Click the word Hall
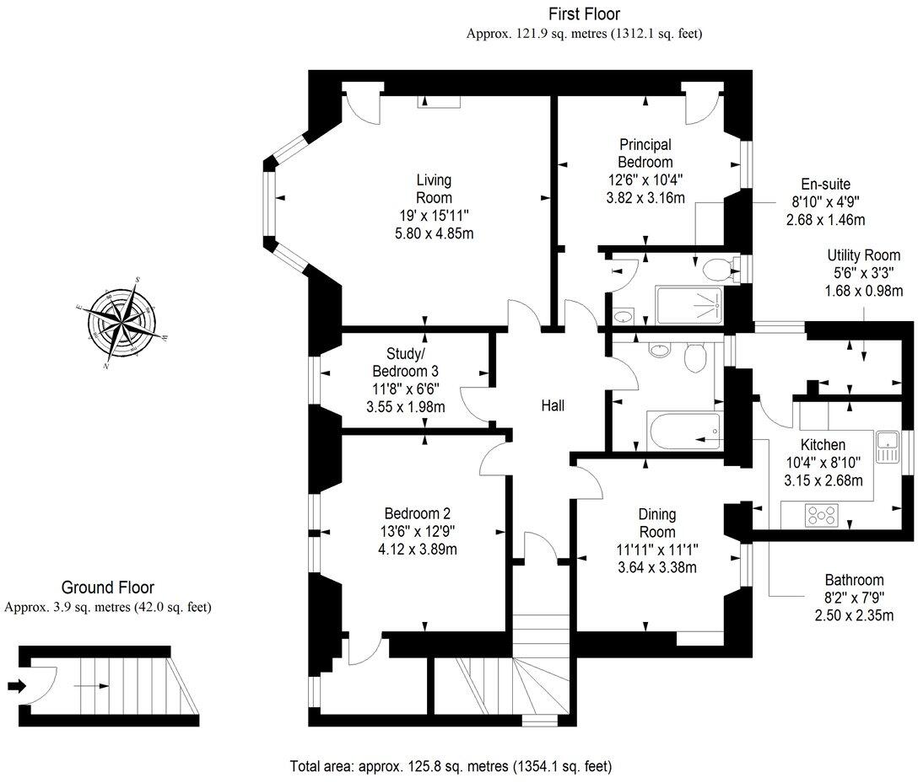553,406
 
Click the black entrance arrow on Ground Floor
15,686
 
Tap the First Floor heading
584,14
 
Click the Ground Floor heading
107,587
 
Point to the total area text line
451,767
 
